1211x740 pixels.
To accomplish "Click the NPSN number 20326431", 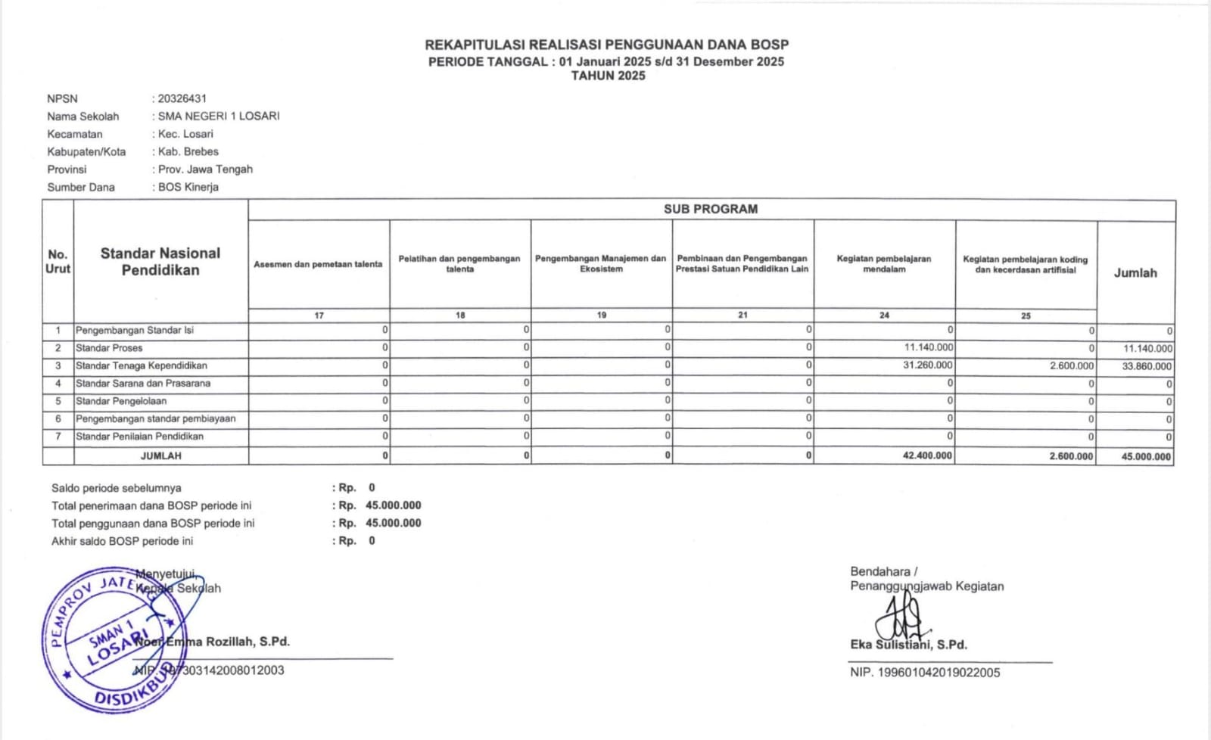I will coord(182,98).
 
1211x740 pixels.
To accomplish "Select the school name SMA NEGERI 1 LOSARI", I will coord(219,116).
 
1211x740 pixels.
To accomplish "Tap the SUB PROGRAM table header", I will coord(711,209).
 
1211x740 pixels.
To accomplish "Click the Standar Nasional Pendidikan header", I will coord(160,261).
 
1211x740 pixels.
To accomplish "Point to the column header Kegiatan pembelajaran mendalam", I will coord(884,263).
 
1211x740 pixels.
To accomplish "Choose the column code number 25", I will coord(1026,316).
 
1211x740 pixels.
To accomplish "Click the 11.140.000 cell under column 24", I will coord(929,347).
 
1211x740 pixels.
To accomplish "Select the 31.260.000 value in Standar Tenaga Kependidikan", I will coord(929,365).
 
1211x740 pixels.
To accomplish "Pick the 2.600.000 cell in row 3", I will coord(1072,365).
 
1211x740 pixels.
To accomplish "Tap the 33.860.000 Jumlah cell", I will coord(1147,366).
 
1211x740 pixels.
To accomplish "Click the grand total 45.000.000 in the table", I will coord(1146,456).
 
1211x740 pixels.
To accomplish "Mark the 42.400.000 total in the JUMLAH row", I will coord(928,456).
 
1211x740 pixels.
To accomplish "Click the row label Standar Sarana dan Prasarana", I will coord(143,383).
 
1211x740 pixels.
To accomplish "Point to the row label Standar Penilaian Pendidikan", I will coord(139,436).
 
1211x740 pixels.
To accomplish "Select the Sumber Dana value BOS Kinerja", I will coord(188,187).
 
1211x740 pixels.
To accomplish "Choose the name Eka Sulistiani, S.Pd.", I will coord(908,645).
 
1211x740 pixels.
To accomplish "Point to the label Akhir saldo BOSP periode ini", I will coord(123,541).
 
